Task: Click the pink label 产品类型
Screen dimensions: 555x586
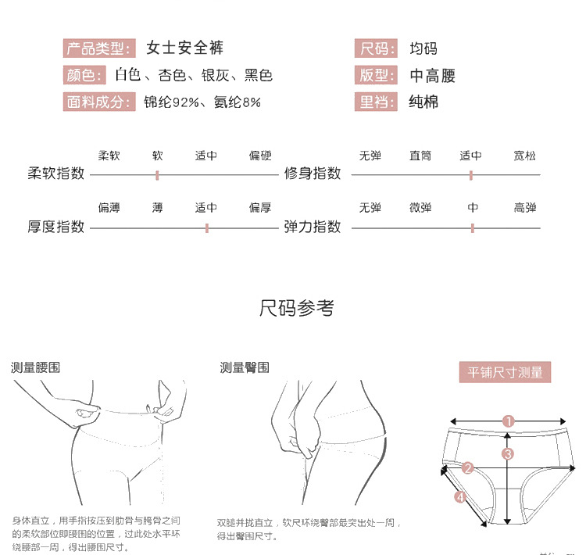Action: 98,48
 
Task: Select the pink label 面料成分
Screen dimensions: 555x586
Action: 98,102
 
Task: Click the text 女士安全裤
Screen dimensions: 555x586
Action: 185,48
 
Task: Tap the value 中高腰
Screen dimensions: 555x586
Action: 432,76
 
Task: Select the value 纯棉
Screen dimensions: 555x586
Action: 423,102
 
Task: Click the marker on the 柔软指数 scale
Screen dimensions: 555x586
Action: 157,174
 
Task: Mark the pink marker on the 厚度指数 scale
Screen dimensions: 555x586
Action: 206,227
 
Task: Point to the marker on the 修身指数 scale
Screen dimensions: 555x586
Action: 471,174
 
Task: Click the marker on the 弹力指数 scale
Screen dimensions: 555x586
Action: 473,227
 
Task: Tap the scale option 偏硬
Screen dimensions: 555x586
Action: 260,156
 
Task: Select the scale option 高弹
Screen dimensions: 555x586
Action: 525,208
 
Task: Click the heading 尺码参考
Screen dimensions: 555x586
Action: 297,309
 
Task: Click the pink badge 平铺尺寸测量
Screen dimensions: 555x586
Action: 505,372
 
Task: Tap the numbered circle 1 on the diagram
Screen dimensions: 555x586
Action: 509,421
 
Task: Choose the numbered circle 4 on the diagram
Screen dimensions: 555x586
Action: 460,496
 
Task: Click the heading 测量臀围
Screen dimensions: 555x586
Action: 245,367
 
